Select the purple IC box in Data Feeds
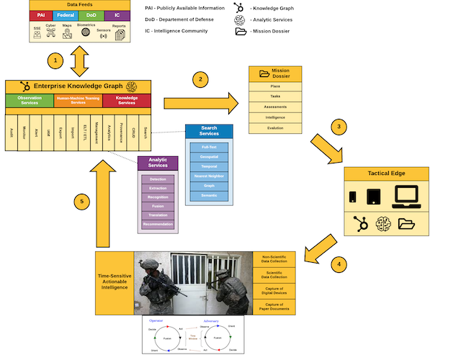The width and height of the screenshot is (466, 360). coord(118,14)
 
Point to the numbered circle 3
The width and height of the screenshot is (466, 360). coord(341,127)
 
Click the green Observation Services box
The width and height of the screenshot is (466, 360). coord(29,100)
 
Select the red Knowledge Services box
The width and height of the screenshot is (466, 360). coord(127,100)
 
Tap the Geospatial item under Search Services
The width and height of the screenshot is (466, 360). coord(209,156)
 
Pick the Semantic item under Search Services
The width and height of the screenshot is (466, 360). coord(209,195)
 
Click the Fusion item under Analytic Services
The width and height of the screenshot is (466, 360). coord(157,205)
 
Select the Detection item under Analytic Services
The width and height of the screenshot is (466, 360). coord(157,178)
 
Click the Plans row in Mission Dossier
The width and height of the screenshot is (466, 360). coord(275,86)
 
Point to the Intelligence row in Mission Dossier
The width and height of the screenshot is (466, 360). coord(275,117)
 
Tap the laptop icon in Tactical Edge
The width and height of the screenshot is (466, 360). coord(407,197)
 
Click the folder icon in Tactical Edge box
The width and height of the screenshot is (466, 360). coord(406,225)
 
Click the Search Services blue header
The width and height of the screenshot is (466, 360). coord(209,131)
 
